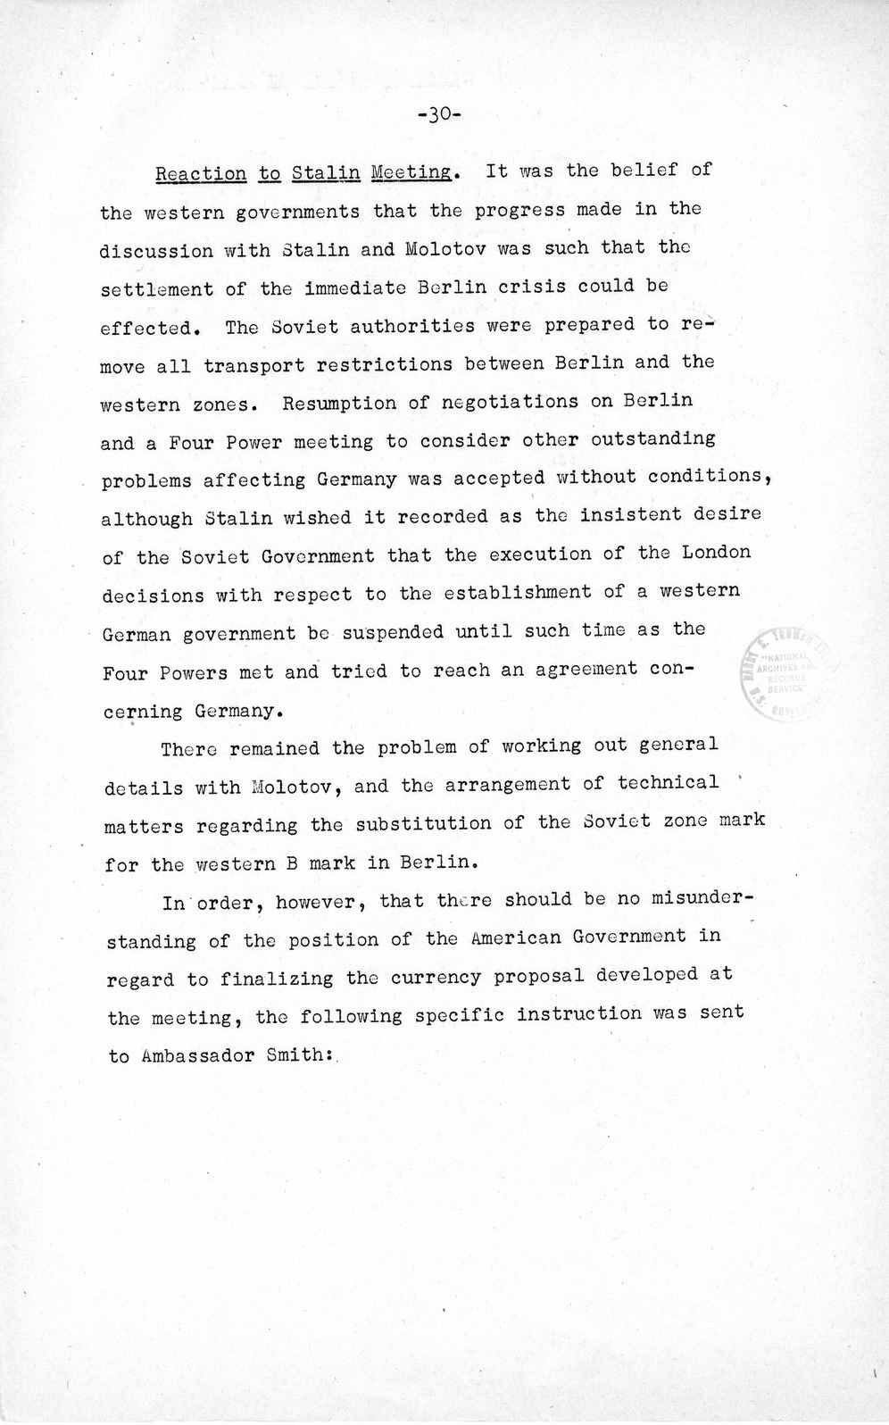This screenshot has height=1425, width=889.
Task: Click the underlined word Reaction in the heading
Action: [201, 174]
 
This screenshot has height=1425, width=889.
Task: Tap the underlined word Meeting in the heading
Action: [411, 172]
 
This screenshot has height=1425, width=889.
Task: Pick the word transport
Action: [254, 365]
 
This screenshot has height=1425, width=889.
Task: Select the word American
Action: [518, 937]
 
